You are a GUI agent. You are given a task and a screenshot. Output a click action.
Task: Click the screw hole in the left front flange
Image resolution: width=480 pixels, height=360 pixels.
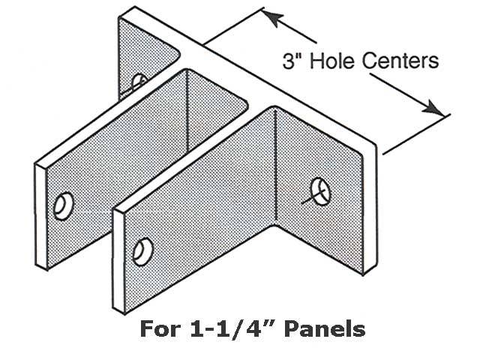(x=64, y=204)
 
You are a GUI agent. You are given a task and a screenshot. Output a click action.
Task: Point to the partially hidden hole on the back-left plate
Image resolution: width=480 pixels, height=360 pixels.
(x=139, y=81)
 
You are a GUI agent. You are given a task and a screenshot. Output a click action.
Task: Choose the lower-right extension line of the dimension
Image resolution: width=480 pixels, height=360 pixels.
(x=416, y=132)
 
